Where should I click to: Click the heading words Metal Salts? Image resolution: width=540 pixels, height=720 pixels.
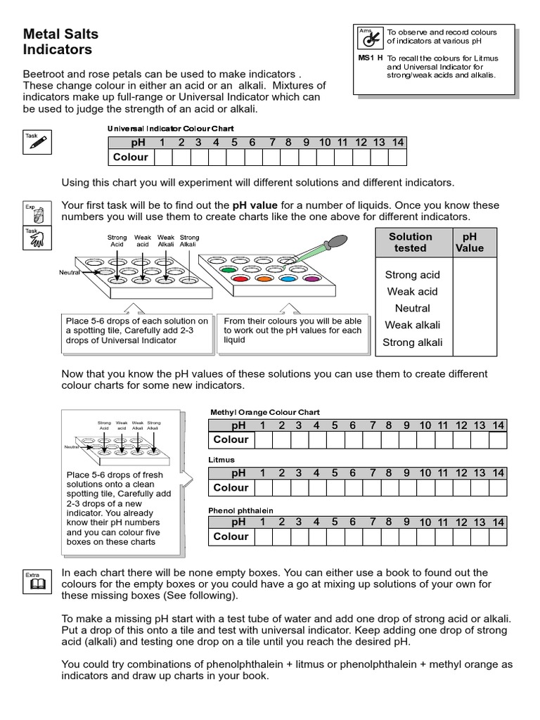click(61, 34)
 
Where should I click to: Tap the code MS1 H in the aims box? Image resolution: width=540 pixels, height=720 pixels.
click(369, 58)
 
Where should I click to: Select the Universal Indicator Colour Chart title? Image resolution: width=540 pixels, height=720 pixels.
click(170, 129)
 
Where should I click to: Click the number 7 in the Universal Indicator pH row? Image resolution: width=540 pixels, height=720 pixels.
click(270, 142)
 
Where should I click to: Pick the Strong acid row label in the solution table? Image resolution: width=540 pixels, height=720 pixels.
click(412, 275)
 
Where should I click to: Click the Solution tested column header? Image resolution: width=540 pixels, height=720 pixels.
click(411, 243)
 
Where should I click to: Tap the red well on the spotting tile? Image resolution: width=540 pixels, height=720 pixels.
click(238, 279)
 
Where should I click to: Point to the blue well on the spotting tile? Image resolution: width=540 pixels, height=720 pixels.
click(287, 279)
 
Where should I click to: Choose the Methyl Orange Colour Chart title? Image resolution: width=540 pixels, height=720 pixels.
click(265, 412)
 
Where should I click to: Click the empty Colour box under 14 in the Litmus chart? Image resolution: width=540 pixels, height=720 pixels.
click(498, 488)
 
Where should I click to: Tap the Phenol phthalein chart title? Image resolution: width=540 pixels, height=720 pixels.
click(240, 510)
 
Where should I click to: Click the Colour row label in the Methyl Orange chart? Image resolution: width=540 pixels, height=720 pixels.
click(231, 440)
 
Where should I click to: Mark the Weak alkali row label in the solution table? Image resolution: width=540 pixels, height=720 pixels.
click(412, 326)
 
